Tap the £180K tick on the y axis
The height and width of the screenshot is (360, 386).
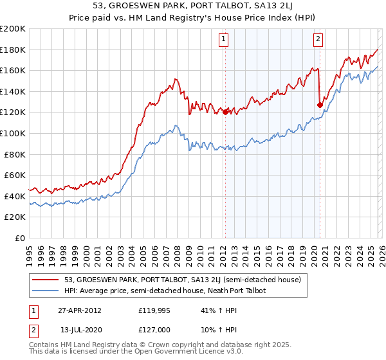13,50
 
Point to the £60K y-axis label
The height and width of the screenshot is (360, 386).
15,175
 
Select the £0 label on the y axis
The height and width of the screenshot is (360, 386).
20,238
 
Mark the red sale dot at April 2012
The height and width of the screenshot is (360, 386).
225,112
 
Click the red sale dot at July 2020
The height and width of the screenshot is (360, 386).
319,105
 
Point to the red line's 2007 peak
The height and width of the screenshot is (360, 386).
174,79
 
